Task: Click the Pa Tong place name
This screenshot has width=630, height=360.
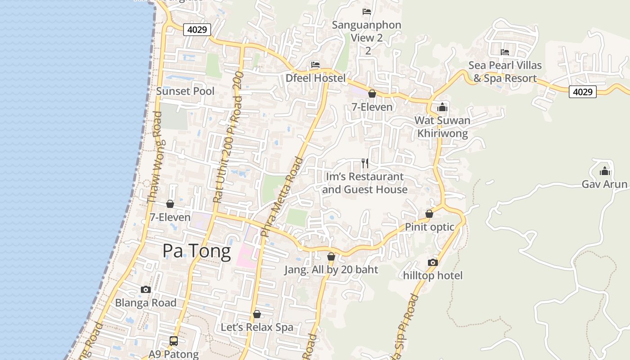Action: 197,251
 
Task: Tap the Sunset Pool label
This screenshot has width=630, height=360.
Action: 185,91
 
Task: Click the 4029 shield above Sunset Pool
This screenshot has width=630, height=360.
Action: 197,30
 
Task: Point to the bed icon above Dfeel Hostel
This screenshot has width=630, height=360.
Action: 315,65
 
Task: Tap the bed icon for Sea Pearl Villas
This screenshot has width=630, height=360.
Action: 505,52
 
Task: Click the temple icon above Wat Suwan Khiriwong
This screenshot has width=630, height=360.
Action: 442,107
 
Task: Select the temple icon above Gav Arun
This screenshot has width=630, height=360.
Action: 604,171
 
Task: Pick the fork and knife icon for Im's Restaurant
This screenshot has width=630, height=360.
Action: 365,163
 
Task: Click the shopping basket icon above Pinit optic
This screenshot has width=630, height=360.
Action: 429,214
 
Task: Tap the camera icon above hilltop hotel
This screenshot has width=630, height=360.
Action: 432,262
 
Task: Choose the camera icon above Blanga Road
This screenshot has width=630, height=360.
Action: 145,289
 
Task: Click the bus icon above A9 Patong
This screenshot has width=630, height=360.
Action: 174,341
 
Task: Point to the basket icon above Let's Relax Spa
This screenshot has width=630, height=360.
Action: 256,314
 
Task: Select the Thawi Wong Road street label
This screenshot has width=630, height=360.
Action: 154,157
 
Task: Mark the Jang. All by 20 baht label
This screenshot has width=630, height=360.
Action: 331,270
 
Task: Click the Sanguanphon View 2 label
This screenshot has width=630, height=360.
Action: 367,31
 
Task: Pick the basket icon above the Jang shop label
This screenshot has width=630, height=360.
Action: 331,256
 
